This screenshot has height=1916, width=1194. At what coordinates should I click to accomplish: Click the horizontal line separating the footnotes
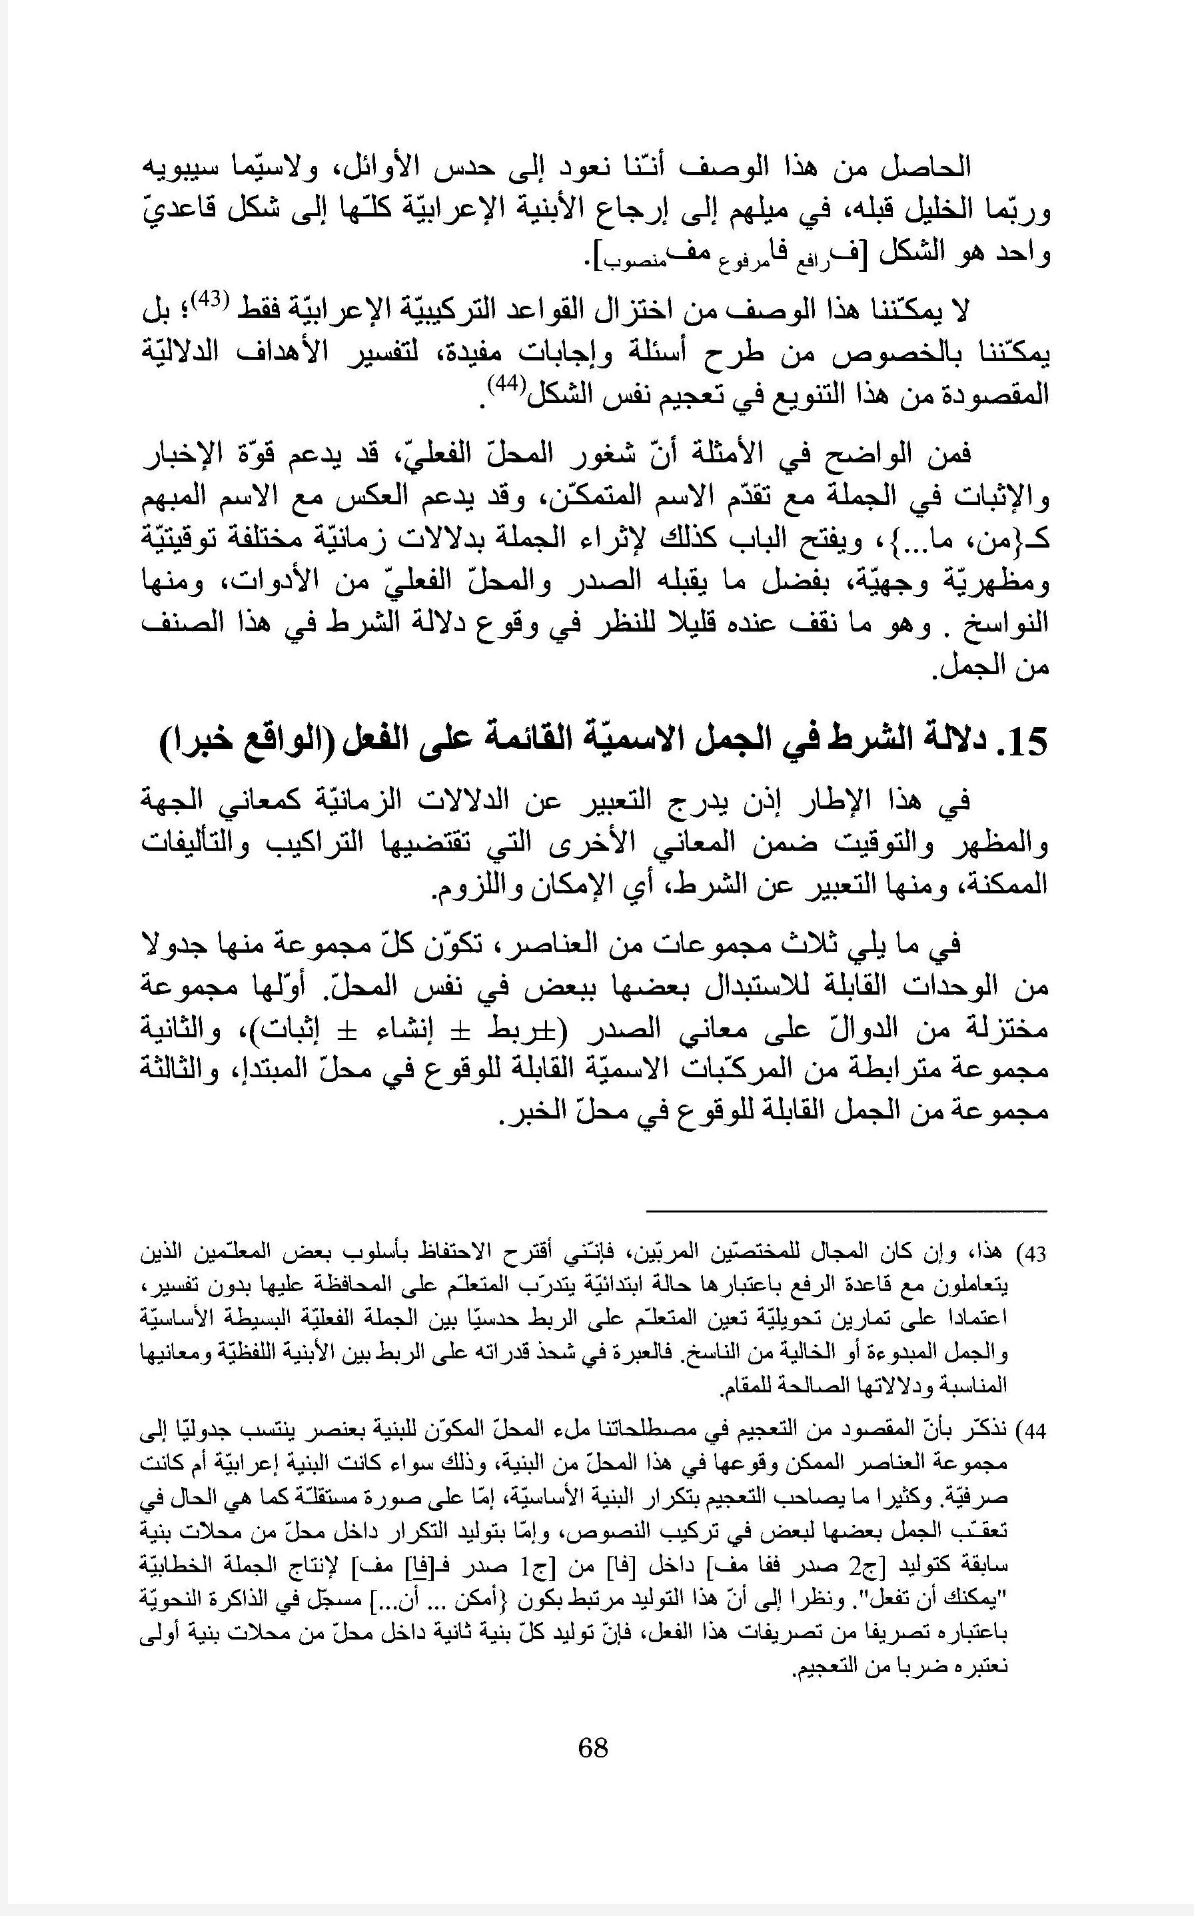[847, 1211]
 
